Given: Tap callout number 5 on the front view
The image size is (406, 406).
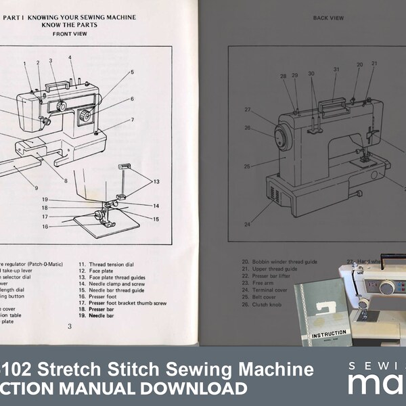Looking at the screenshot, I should pos(132,72).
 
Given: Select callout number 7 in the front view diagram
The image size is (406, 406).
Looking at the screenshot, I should pos(132,120).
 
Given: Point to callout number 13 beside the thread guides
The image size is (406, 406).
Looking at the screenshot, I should pos(156,182).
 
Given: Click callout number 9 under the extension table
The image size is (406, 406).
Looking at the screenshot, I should pos(36,187).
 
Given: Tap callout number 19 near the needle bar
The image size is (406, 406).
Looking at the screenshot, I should pos(44,199).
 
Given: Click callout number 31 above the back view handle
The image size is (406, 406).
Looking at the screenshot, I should pos(336,69).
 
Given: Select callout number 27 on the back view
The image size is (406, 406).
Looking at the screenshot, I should pos(248,110).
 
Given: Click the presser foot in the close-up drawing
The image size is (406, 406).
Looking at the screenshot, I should pos(102,217).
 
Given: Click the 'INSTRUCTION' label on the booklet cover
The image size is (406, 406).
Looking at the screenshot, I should pos(328,334).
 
